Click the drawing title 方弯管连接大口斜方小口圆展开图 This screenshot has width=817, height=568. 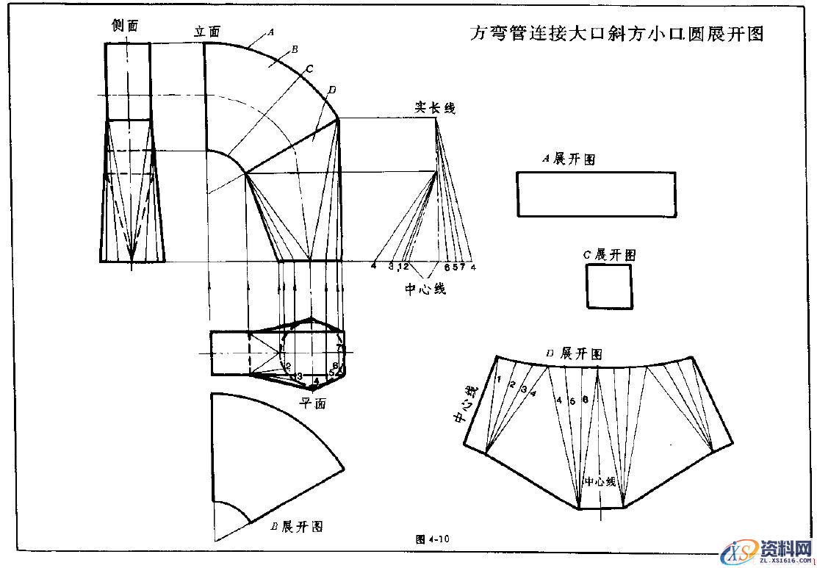(616, 34)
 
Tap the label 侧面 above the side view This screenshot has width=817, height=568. (125, 26)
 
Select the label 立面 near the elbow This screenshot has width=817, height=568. (207, 32)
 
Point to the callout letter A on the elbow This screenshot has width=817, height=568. (270, 32)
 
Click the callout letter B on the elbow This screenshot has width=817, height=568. (293, 49)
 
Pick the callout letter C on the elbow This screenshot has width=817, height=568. (309, 69)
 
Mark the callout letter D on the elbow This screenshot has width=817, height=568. (332, 90)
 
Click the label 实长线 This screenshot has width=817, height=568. (435, 108)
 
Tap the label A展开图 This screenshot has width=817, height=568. (568, 159)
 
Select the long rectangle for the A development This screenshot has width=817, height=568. (596, 195)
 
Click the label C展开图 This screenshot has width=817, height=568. (609, 255)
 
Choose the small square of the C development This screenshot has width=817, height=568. (609, 287)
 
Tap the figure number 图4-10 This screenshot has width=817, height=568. (433, 539)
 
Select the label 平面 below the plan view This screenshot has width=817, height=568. (312, 403)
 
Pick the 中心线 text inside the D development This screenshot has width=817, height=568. (600, 482)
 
